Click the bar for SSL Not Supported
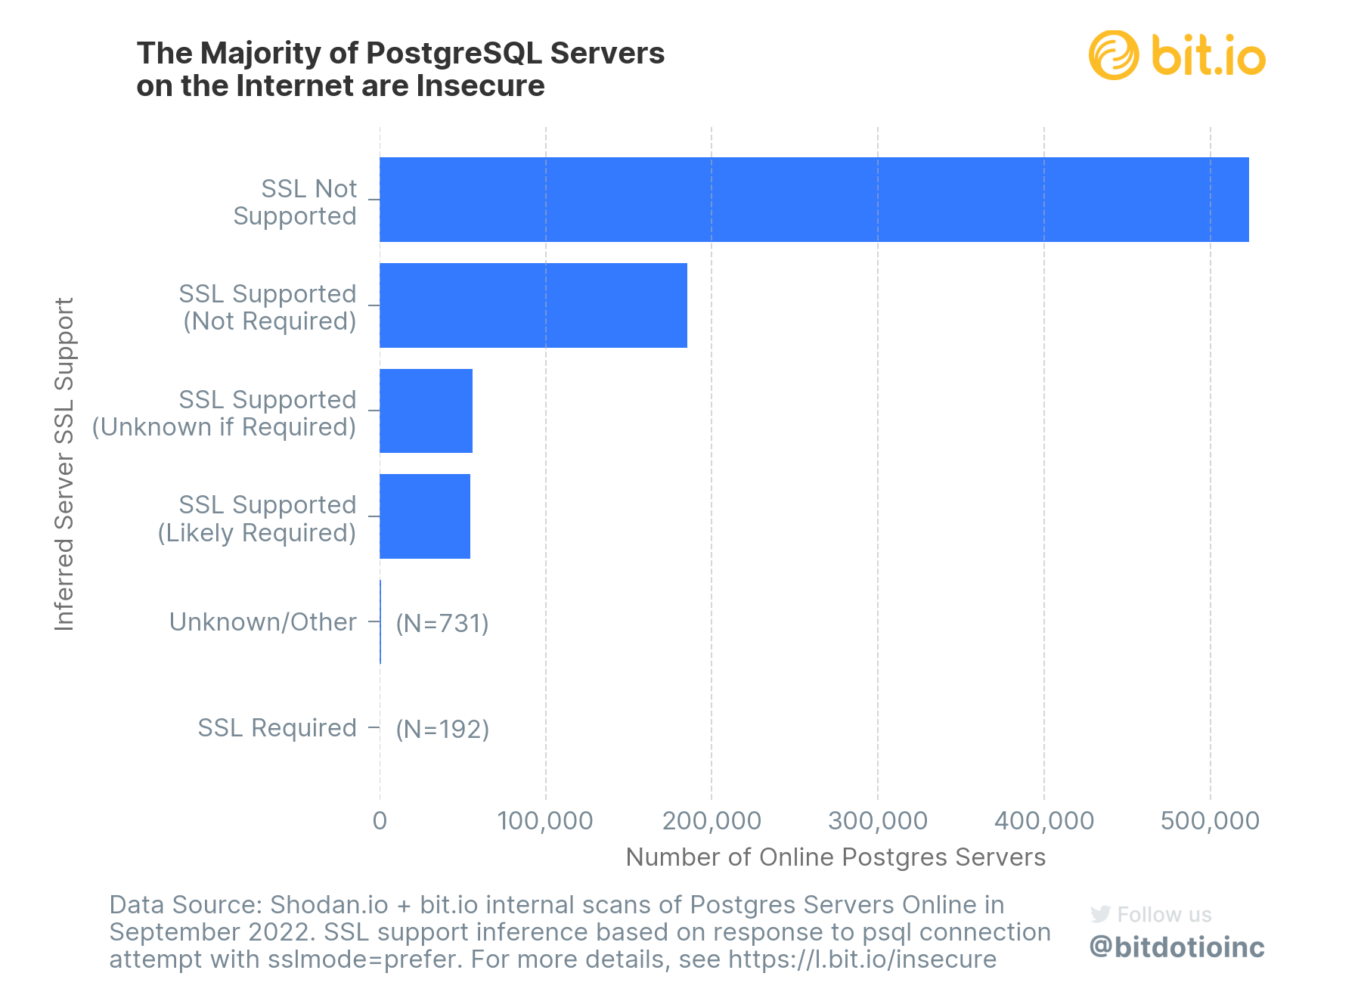(x=814, y=200)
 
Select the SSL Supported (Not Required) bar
(x=533, y=305)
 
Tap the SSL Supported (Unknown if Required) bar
(x=426, y=411)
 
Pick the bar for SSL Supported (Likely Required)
(x=425, y=516)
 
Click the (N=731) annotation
(x=442, y=623)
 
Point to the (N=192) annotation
(x=442, y=729)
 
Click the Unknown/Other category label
(x=262, y=621)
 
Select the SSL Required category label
(x=277, y=727)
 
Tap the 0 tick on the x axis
(x=380, y=820)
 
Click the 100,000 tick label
(x=545, y=820)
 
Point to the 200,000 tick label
(x=712, y=820)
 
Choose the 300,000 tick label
(x=878, y=820)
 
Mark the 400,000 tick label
(x=1044, y=820)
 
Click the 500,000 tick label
(x=1210, y=820)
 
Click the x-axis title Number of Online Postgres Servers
(x=836, y=857)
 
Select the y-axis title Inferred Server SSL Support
(x=65, y=463)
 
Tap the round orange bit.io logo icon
(x=1114, y=55)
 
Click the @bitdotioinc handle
(x=1177, y=947)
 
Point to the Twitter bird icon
(x=1100, y=914)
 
